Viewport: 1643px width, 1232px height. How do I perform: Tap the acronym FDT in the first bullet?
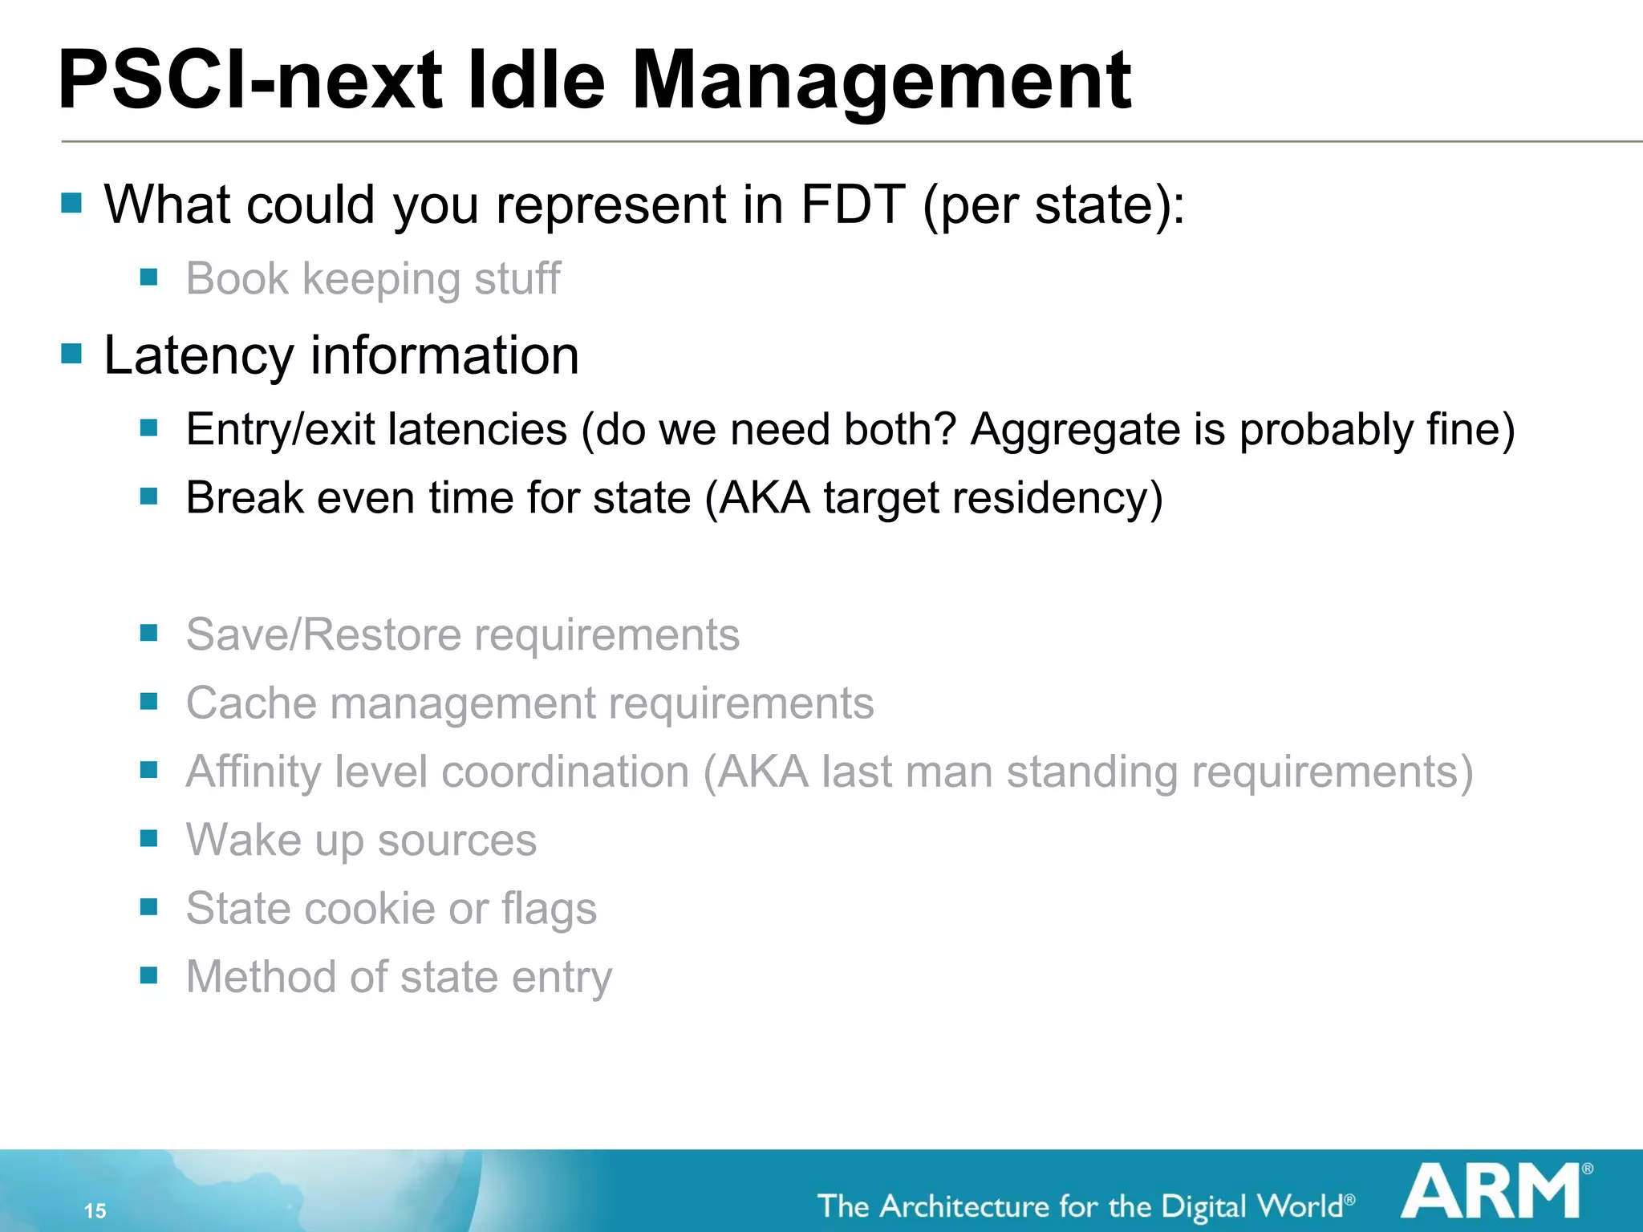click(x=853, y=205)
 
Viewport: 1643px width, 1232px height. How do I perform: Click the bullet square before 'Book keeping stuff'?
click(x=148, y=278)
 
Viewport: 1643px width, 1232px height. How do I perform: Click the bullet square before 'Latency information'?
click(x=71, y=354)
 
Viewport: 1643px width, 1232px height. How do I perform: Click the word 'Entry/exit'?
click(x=280, y=429)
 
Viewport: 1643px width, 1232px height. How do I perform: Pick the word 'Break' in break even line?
click(x=244, y=498)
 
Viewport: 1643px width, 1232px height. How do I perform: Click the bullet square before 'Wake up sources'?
click(x=148, y=839)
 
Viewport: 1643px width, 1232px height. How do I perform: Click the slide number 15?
click(x=95, y=1210)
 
